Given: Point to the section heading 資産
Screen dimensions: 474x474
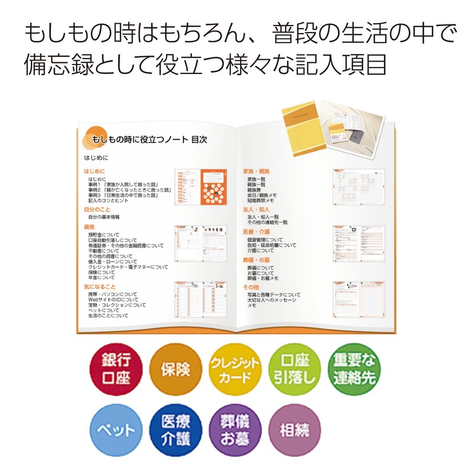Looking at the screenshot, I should pos(89,227).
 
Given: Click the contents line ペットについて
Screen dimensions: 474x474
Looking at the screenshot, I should pos(104,310).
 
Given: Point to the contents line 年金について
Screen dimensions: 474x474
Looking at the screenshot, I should pos(101,277).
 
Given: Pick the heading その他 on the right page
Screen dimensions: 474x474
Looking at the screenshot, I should pos(251,287).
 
